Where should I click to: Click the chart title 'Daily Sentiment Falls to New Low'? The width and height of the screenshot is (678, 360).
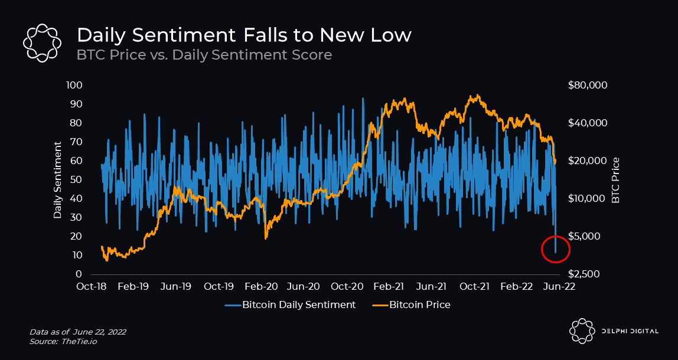[244, 35]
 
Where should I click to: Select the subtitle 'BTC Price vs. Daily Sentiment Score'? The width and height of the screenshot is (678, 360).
[204, 55]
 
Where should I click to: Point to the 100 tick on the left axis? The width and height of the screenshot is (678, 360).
[75, 86]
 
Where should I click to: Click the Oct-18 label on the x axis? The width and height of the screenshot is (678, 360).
[93, 287]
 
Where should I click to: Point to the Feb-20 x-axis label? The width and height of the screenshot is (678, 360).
[261, 287]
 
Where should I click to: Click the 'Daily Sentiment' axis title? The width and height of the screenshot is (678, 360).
[58, 180]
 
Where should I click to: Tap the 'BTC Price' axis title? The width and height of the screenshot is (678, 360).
[616, 180]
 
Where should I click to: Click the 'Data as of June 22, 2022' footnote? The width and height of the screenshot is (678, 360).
[77, 332]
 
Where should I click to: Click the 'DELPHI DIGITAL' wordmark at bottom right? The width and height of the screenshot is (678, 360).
[629, 331]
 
